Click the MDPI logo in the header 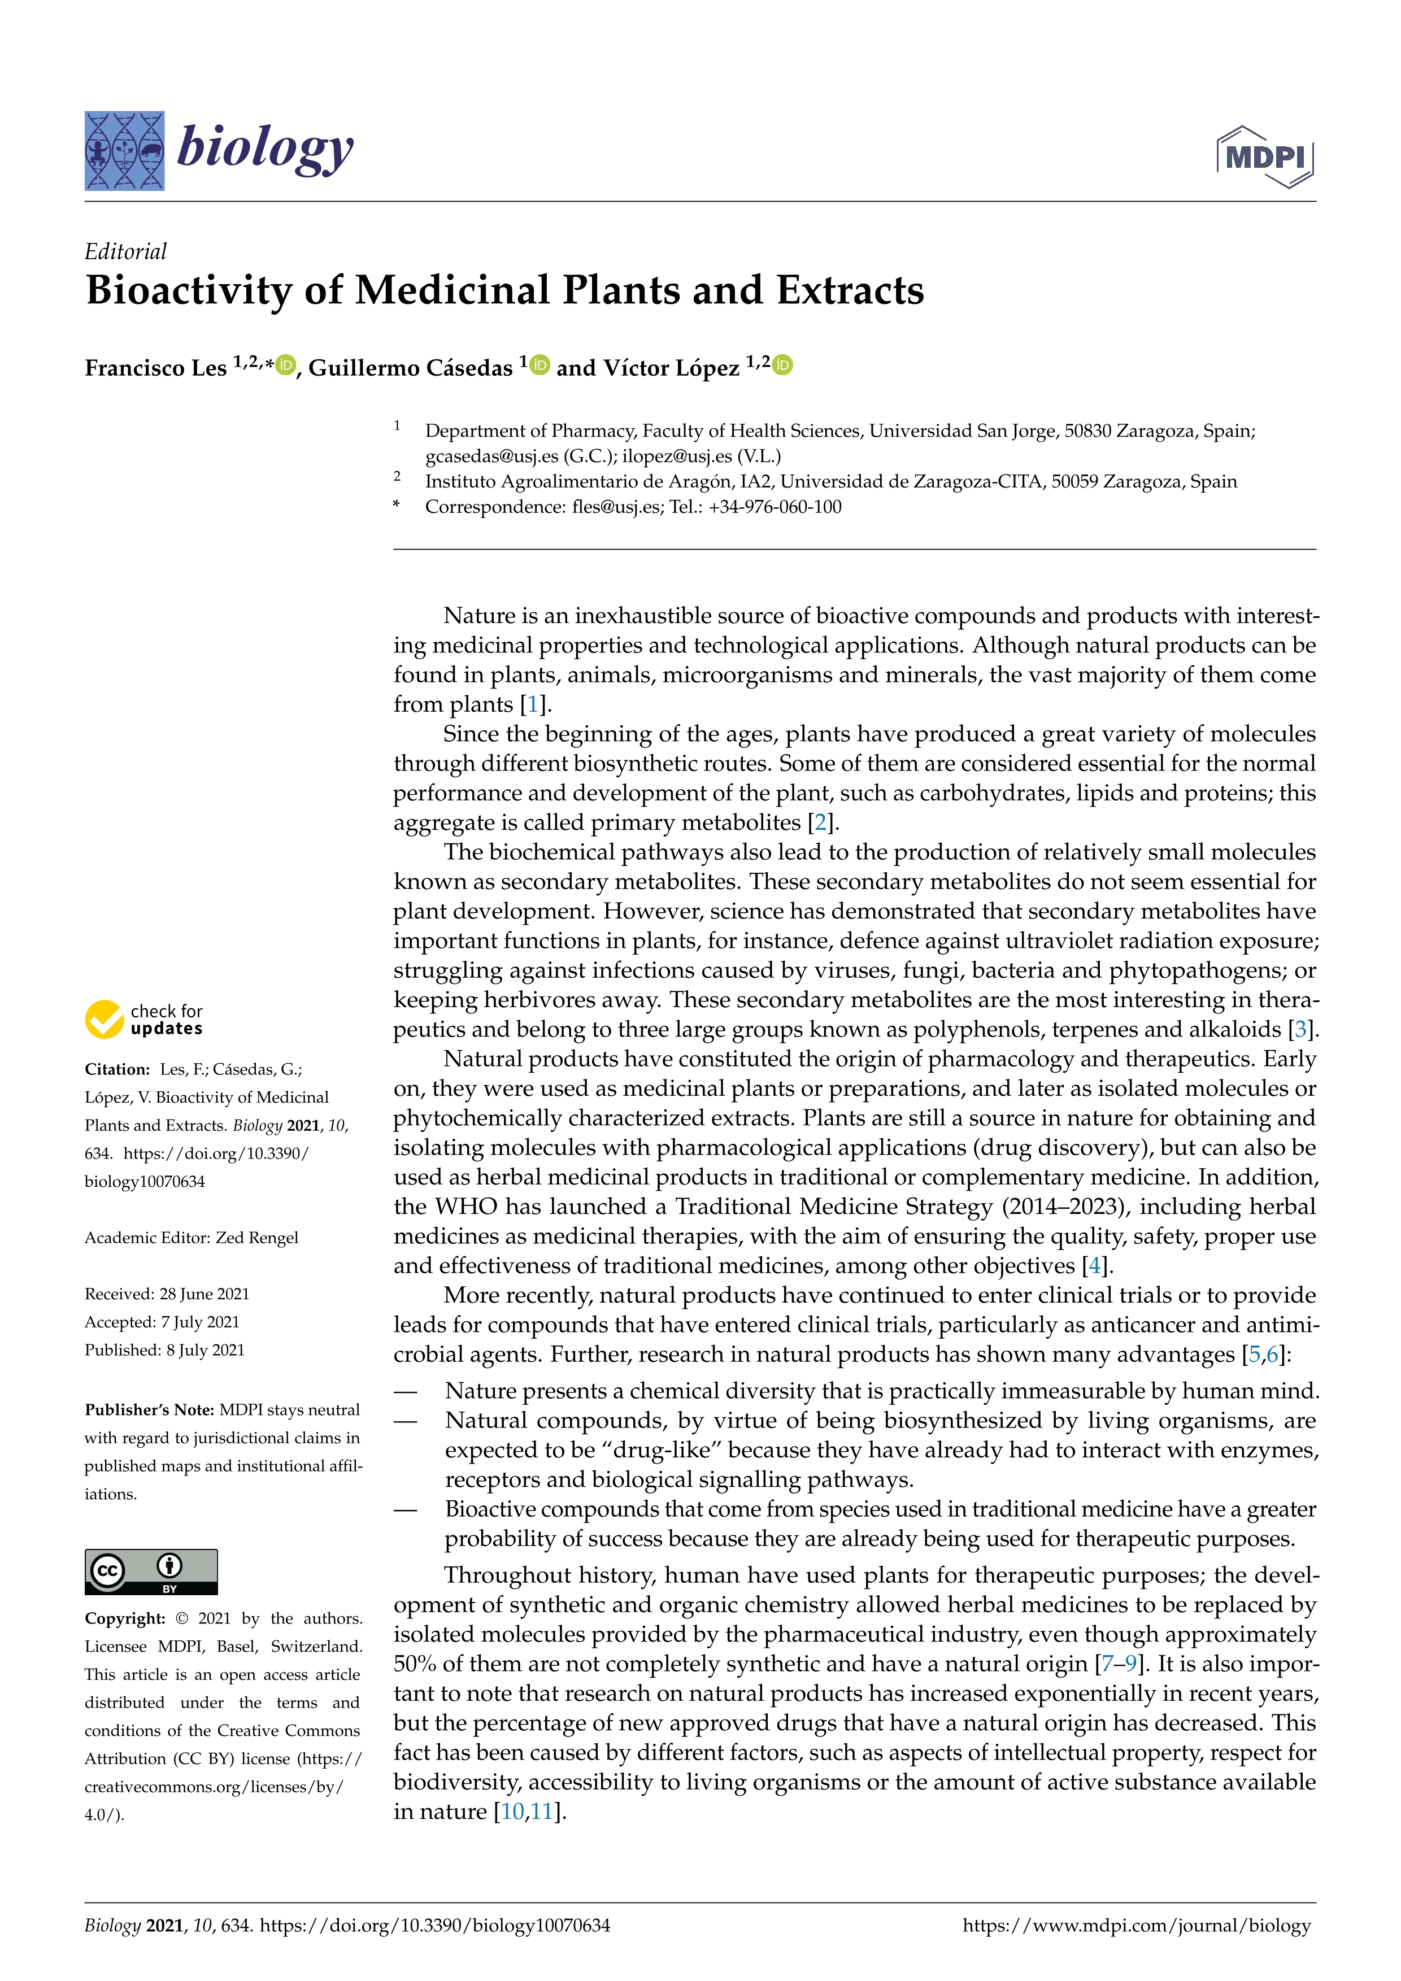[x=1265, y=157]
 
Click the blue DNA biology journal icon [x=124, y=151]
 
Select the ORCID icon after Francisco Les [x=285, y=366]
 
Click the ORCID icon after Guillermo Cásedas [x=540, y=366]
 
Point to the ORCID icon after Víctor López [x=782, y=366]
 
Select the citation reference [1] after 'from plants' [x=533, y=705]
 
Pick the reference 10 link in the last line [x=512, y=1812]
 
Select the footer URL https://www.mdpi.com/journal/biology [x=1136, y=1926]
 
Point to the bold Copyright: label [x=125, y=1618]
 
